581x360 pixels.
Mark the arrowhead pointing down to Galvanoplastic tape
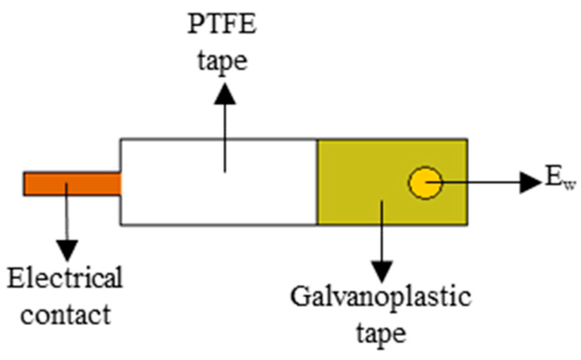click(x=382, y=267)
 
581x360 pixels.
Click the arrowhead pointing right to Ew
click(x=531, y=182)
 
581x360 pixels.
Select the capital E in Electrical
click(x=16, y=279)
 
